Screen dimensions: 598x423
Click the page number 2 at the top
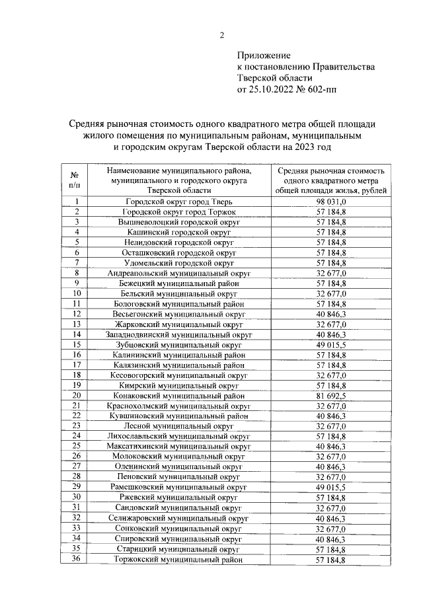[x=221, y=36]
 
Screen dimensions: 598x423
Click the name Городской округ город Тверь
[x=178, y=202]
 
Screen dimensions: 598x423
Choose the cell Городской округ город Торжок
[x=178, y=211]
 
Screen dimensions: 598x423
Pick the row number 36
[x=77, y=560]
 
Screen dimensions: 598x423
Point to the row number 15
[x=77, y=344]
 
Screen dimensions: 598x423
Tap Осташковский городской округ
[x=178, y=252]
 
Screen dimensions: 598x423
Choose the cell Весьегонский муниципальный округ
[x=178, y=313]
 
